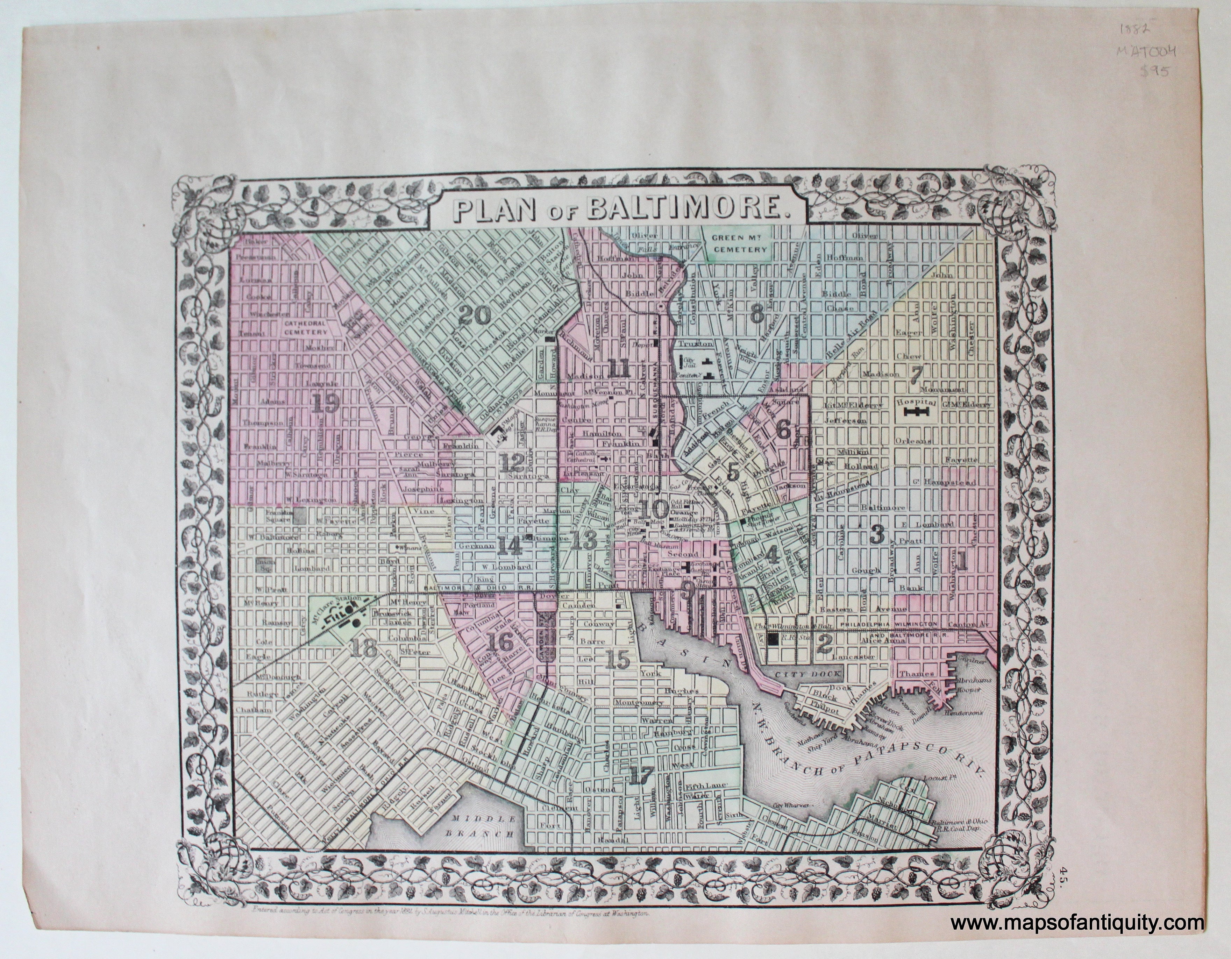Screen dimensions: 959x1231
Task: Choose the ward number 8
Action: click(757, 316)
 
